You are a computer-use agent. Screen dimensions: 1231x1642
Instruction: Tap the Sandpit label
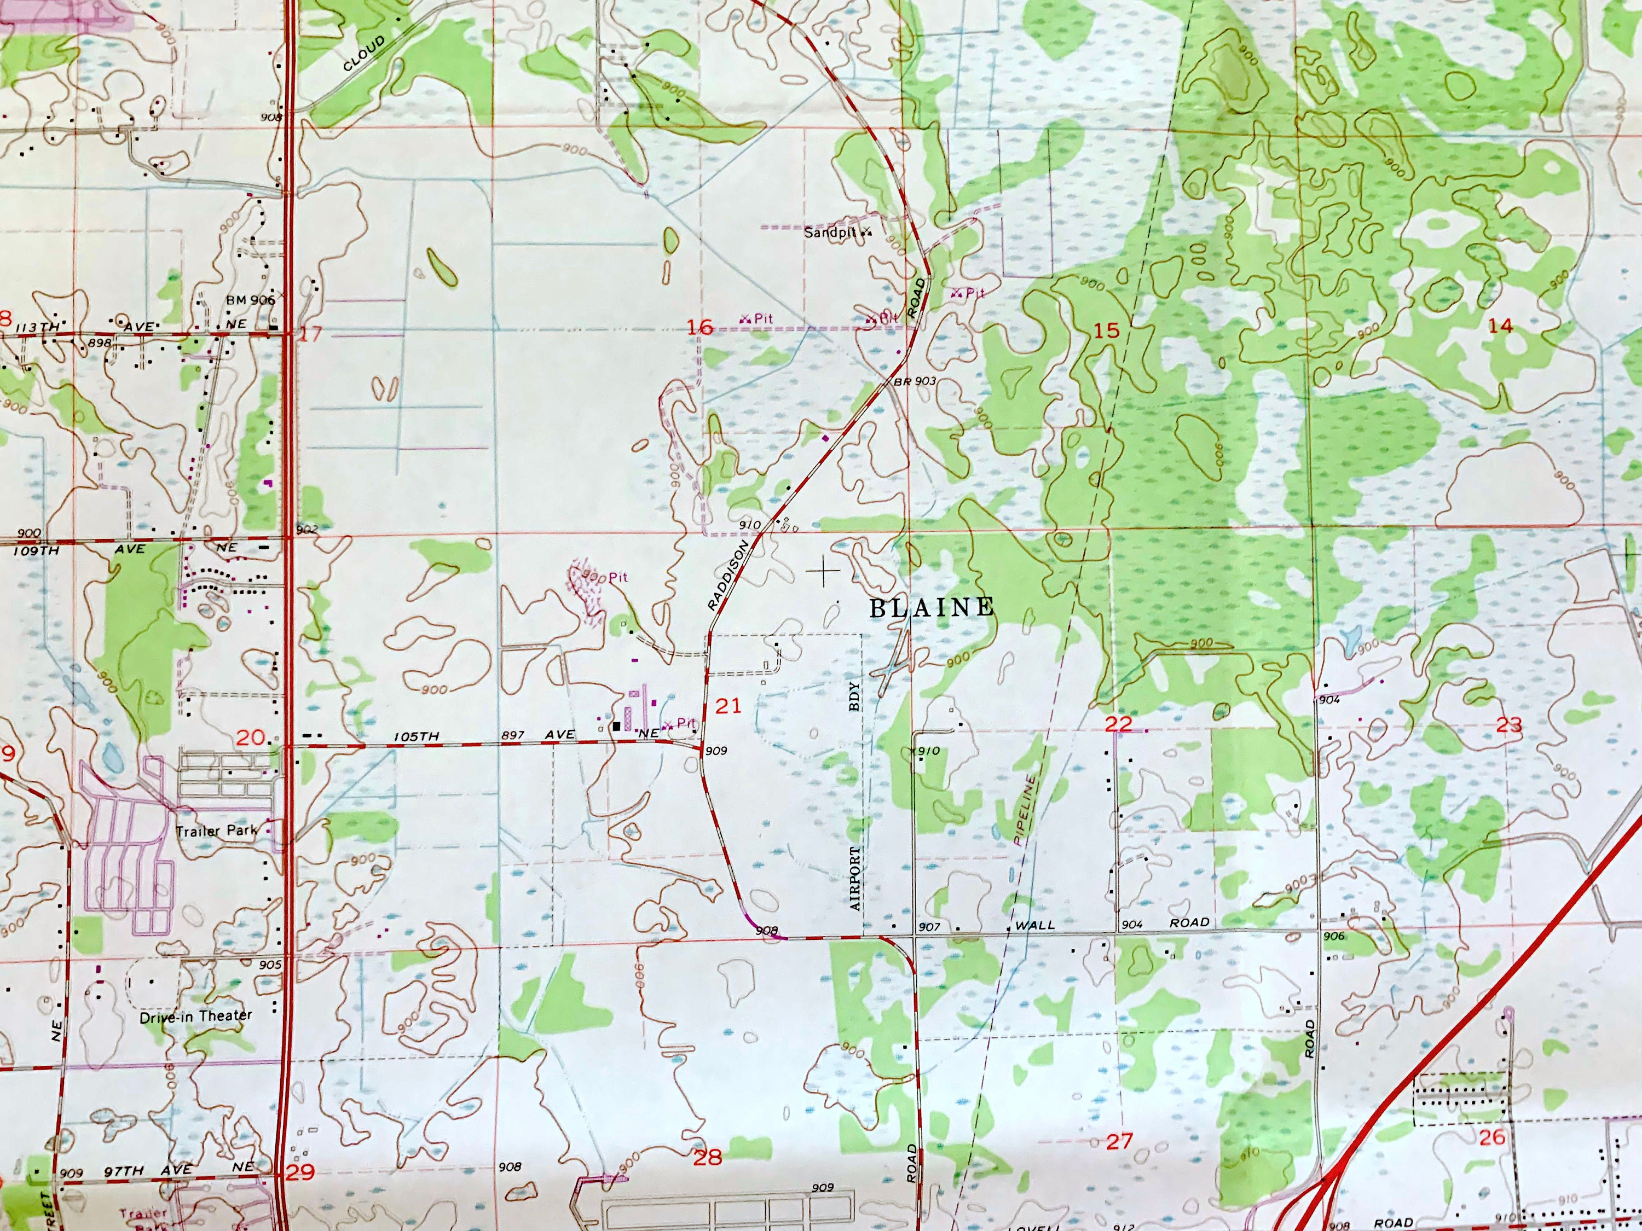point(830,233)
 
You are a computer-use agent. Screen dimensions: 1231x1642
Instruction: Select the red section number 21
point(728,706)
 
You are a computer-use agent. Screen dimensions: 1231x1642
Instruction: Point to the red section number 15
point(1106,330)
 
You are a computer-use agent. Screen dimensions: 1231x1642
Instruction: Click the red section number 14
point(1500,325)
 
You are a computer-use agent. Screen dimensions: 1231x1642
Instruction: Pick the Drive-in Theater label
point(196,1016)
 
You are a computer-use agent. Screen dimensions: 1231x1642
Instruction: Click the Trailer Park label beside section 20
point(216,831)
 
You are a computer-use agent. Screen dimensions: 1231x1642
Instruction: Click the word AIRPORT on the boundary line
point(854,879)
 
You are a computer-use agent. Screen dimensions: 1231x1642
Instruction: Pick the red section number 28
point(707,1157)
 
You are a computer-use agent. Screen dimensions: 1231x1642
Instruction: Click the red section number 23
point(1508,725)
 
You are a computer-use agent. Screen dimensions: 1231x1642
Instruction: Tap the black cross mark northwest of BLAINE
point(823,571)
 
